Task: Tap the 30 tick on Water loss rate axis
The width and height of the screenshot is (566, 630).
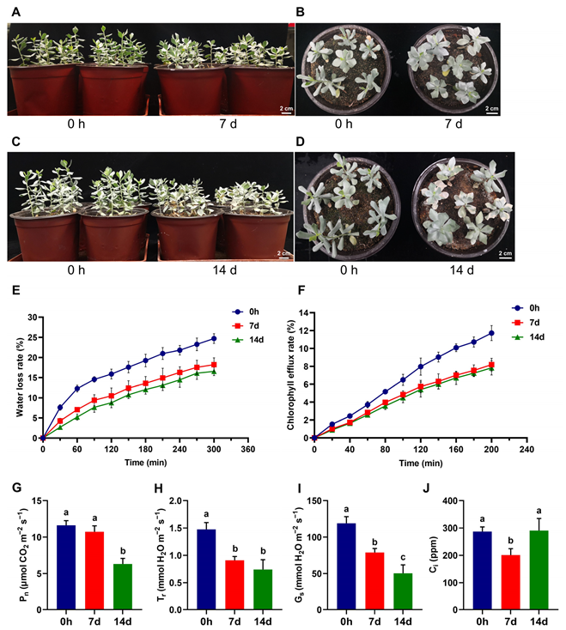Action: pos(33,317)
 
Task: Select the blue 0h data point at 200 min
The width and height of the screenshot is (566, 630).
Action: pos(491,333)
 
